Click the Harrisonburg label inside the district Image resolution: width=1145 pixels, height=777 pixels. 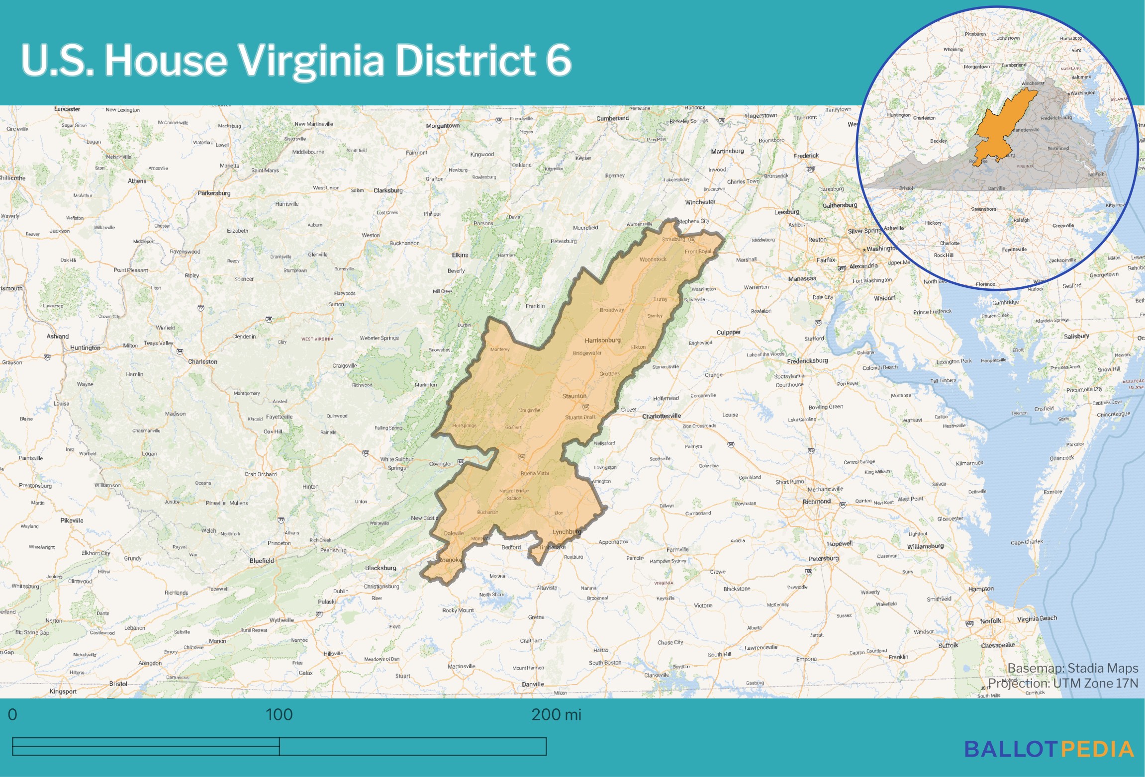(x=602, y=341)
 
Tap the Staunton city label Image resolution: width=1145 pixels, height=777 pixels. (x=574, y=396)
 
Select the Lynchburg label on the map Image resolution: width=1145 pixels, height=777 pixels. (x=567, y=532)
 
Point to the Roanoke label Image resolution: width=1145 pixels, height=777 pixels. (x=450, y=560)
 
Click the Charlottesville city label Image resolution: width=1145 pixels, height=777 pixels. (x=661, y=416)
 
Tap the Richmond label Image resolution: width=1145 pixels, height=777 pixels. (x=816, y=502)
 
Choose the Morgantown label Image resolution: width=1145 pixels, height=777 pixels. (x=443, y=126)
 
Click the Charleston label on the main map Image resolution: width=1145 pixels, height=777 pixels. (x=202, y=361)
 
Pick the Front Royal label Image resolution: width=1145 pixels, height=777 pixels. (x=698, y=252)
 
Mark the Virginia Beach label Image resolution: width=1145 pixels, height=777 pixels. (x=1037, y=618)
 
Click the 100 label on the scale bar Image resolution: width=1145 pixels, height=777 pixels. (x=279, y=715)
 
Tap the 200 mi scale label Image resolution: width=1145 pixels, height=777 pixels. (x=556, y=715)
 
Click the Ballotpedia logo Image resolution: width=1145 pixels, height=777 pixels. (x=1049, y=749)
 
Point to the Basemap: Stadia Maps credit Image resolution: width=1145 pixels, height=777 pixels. (x=1072, y=668)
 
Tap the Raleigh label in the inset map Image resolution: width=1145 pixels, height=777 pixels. (x=1021, y=220)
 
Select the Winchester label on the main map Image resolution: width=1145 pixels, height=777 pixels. (x=700, y=202)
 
